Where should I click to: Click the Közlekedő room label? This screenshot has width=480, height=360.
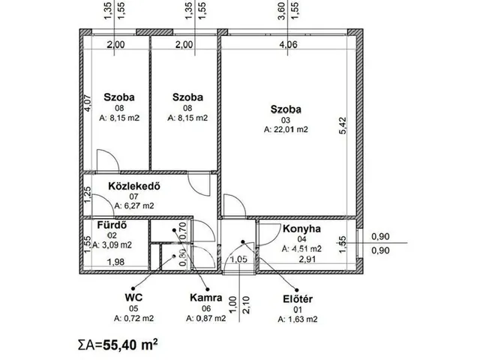click(134, 186)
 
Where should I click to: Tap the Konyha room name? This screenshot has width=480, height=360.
click(301, 229)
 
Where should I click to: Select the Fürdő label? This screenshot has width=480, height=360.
click(112, 225)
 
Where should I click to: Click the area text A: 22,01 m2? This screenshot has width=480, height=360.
click(286, 130)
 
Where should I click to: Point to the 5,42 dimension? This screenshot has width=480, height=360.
click(343, 125)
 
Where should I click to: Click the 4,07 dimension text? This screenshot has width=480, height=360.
click(88, 103)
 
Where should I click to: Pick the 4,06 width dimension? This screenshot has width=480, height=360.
click(288, 45)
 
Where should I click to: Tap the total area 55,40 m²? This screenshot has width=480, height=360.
click(118, 345)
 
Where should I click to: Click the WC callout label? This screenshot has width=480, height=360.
click(133, 297)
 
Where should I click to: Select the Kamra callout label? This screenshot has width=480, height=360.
click(206, 298)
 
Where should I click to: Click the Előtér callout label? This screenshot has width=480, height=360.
click(298, 298)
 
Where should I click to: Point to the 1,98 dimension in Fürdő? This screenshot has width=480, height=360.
click(115, 262)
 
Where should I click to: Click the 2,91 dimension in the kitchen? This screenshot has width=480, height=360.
click(307, 259)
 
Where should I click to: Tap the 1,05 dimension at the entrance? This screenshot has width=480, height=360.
click(238, 259)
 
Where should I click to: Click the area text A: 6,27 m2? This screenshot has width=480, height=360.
click(134, 205)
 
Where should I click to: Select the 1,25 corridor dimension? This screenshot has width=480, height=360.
click(88, 195)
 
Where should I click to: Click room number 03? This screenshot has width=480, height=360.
click(286, 120)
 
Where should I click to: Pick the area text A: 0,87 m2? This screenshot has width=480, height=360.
click(206, 318)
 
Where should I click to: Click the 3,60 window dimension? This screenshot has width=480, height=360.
click(281, 11)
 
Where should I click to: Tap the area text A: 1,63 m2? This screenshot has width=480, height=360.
click(298, 319)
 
